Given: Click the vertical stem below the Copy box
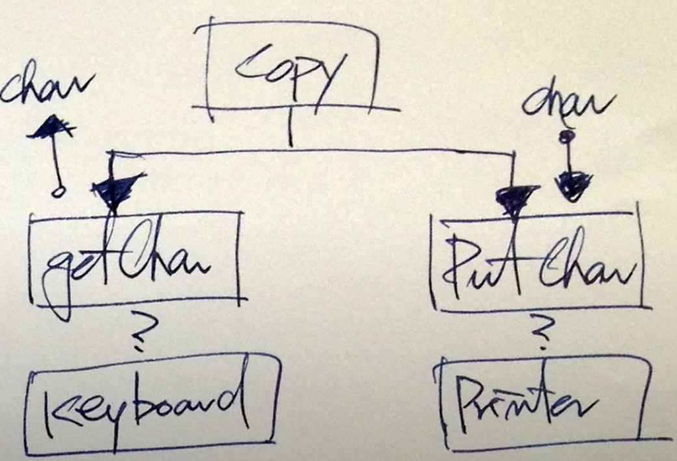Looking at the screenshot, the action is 290,127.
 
